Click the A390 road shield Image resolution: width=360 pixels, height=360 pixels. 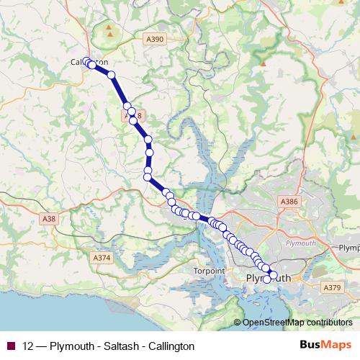click(x=153, y=39)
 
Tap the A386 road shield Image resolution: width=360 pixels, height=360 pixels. click(x=289, y=202)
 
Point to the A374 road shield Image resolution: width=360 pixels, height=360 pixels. click(x=102, y=257)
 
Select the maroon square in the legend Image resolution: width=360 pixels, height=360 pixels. click(x=10, y=346)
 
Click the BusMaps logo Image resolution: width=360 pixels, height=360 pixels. click(x=325, y=346)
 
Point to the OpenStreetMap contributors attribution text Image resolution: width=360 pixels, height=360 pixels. click(x=297, y=323)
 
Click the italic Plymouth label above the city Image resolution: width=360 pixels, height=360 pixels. click(x=301, y=243)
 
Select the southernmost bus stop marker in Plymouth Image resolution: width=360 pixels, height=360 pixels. click(x=267, y=279)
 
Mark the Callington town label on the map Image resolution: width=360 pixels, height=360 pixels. click(x=89, y=63)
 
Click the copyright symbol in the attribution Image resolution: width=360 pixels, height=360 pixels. click(x=238, y=323)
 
